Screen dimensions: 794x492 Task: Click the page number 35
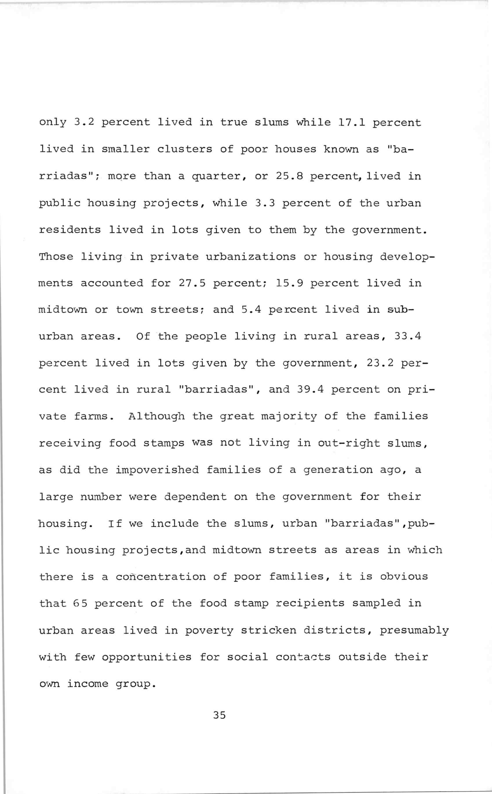click(219, 715)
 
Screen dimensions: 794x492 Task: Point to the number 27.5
click(192, 283)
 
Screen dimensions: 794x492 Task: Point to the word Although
click(156, 416)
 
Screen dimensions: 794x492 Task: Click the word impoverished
click(157, 470)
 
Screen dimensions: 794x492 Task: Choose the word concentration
click(161, 577)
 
